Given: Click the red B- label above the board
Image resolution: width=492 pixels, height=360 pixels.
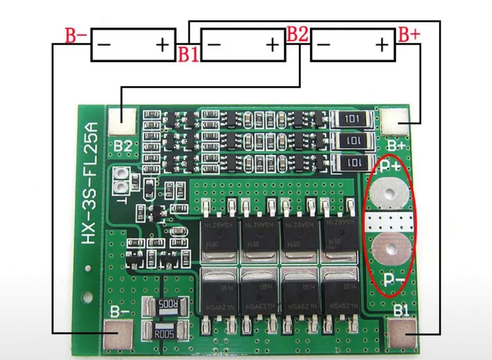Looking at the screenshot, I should click(x=76, y=36).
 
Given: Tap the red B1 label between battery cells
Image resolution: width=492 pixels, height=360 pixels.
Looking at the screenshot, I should click(x=188, y=54).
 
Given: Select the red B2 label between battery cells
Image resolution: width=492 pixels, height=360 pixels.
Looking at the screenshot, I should click(x=297, y=35).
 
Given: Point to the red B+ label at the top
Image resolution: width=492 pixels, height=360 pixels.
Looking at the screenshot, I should click(x=410, y=35).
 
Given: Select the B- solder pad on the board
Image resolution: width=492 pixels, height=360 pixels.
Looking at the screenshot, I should click(x=118, y=333).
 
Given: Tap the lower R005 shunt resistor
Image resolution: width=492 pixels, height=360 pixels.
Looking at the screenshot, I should click(x=167, y=333).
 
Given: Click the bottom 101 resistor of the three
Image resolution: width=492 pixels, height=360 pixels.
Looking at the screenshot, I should click(x=353, y=163).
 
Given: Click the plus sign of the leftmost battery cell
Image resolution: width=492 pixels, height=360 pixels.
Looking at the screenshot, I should click(x=163, y=45).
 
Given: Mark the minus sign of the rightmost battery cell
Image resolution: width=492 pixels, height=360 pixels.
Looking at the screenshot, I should click(x=324, y=45).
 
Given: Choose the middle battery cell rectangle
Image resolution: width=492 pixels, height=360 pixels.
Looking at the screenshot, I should click(x=242, y=45).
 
